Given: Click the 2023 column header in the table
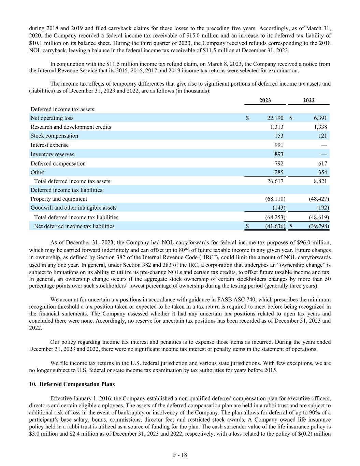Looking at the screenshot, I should coord(265,100).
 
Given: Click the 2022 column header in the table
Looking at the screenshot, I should coord(308,100).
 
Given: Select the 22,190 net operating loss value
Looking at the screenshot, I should coord(275,118).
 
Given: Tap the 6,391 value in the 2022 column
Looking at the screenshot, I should coord(320,118).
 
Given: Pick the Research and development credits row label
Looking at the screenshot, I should coord(71,127).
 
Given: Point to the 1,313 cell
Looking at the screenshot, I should coord(277,127).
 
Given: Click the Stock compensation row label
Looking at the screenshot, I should coord(54,136).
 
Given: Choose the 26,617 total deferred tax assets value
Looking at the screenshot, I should coord(275,181).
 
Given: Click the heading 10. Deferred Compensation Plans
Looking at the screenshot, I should coord(72,384).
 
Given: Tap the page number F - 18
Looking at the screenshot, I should coord(180,455).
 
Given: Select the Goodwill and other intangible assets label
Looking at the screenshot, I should coord(73,208).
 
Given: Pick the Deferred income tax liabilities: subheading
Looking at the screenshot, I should coord(67,190).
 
